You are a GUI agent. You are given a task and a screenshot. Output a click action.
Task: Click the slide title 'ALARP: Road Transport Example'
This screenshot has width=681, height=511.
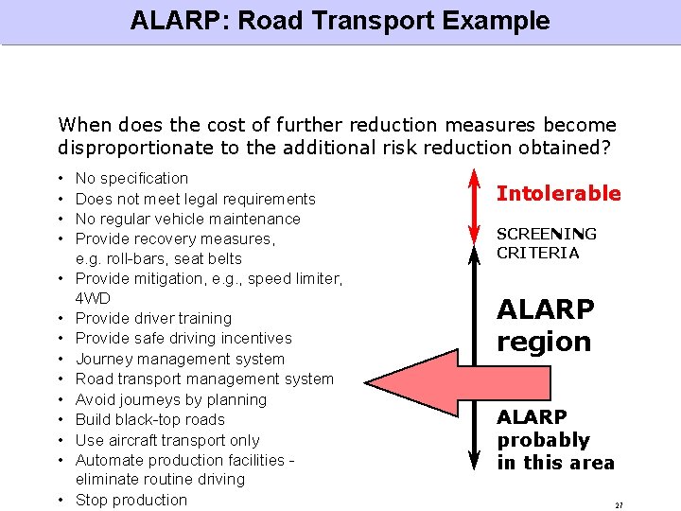(x=340, y=21)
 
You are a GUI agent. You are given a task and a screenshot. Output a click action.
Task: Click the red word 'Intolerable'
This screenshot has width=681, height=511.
(x=559, y=194)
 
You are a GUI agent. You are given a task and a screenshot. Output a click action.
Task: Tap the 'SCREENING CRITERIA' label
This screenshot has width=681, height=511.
(x=547, y=243)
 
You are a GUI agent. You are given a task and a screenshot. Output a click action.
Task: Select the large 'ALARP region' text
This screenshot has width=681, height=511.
(x=546, y=326)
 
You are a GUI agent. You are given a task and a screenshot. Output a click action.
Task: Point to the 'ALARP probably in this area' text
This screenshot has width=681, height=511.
(x=555, y=440)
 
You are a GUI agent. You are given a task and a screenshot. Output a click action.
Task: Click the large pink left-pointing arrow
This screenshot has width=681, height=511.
(x=416, y=359)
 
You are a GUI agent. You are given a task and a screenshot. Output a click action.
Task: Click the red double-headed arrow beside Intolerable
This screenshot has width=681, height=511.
(x=470, y=203)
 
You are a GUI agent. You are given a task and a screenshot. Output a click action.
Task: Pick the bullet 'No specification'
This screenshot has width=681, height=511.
(x=131, y=178)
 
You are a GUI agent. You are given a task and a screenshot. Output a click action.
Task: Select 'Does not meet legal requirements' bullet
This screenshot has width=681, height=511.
(x=195, y=199)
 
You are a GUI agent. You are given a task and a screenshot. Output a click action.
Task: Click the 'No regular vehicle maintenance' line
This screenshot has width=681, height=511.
(x=187, y=219)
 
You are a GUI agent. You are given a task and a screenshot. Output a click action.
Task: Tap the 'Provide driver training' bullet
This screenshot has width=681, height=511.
(x=153, y=318)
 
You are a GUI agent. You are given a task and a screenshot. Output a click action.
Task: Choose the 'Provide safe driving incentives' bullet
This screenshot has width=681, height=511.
(x=183, y=338)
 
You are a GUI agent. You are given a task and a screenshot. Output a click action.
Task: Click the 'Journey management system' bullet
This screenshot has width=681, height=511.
(x=180, y=359)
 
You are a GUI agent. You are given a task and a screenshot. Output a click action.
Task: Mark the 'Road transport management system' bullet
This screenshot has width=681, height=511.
(x=204, y=379)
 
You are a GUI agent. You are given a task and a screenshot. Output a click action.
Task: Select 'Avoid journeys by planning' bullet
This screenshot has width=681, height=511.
(x=171, y=399)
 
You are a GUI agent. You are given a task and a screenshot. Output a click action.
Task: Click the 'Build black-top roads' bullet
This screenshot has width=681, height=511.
(x=150, y=419)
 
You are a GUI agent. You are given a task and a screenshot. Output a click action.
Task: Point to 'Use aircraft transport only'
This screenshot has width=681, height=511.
(x=167, y=440)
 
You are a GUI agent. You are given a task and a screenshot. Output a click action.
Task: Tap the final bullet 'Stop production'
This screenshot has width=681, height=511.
(x=131, y=500)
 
